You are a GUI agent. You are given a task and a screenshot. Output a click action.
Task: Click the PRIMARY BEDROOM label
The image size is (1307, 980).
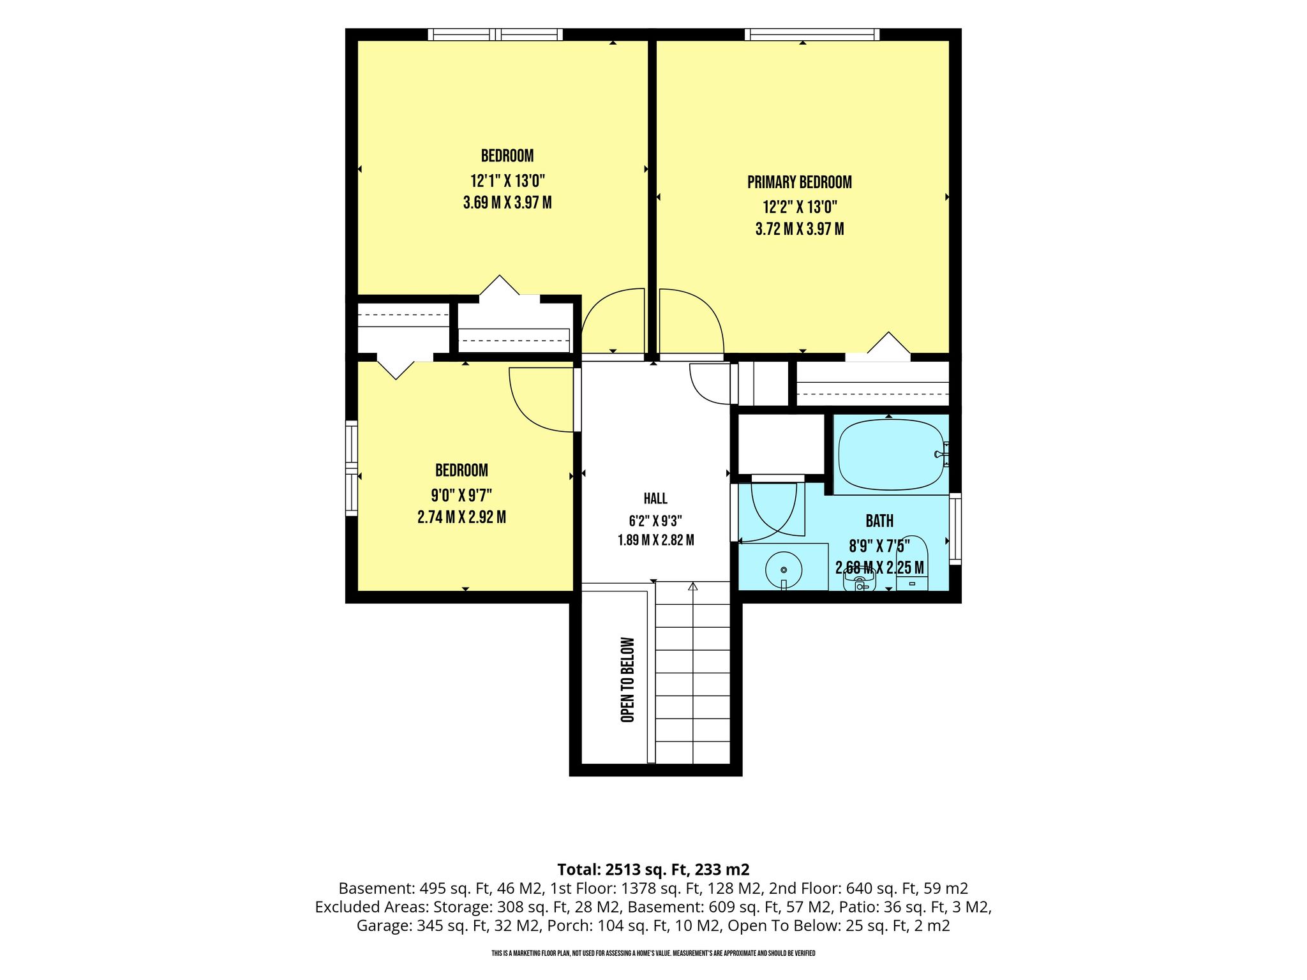[799, 182]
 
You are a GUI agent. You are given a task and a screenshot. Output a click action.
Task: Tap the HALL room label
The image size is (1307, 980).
[655, 498]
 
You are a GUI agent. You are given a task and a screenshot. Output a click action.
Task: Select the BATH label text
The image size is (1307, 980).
[879, 521]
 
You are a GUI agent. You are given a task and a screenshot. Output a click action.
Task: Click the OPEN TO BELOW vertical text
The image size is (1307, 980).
[628, 679]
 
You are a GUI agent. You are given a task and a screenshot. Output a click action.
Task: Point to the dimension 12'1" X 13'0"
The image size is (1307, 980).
[507, 181]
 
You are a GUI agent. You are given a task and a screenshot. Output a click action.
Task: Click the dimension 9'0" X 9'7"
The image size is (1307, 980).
[461, 494]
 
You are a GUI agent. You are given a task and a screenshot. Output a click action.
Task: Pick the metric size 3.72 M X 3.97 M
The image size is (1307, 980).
[800, 229]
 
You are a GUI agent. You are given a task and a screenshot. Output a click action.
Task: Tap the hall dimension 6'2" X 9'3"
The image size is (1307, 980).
[655, 519]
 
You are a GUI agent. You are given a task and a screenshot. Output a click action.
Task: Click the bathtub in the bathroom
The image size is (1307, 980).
[891, 454]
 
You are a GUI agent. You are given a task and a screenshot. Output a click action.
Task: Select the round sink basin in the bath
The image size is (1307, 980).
[783, 569]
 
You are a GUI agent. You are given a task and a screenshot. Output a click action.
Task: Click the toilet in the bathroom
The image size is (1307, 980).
[859, 578]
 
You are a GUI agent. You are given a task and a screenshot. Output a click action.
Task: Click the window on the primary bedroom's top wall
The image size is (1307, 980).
[812, 34]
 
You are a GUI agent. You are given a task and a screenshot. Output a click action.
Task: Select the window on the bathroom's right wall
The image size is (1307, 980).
[955, 528]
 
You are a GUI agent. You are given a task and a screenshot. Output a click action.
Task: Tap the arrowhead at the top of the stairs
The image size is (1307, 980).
[693, 586]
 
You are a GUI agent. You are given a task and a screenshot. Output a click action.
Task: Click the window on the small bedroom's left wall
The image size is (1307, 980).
[352, 468]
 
